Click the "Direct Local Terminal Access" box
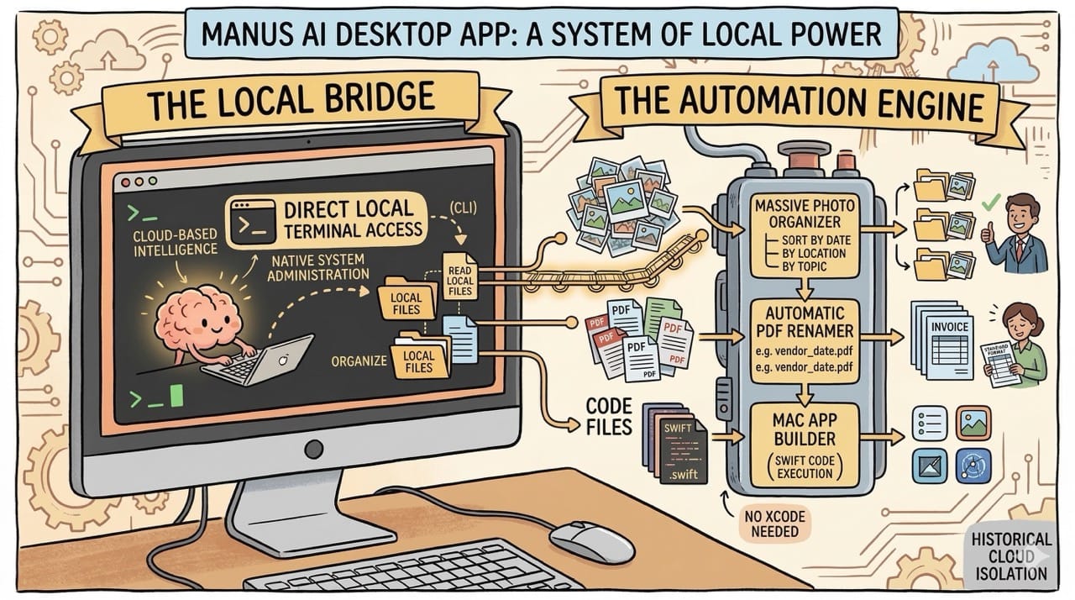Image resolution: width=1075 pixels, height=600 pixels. pyautogui.click(x=328, y=217)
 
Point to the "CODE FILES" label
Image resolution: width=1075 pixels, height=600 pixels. pyautogui.click(x=610, y=416)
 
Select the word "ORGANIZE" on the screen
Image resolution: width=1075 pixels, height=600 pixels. pyautogui.click(x=359, y=361)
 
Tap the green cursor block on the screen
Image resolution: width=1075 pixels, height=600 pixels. pyautogui.click(x=176, y=396)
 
